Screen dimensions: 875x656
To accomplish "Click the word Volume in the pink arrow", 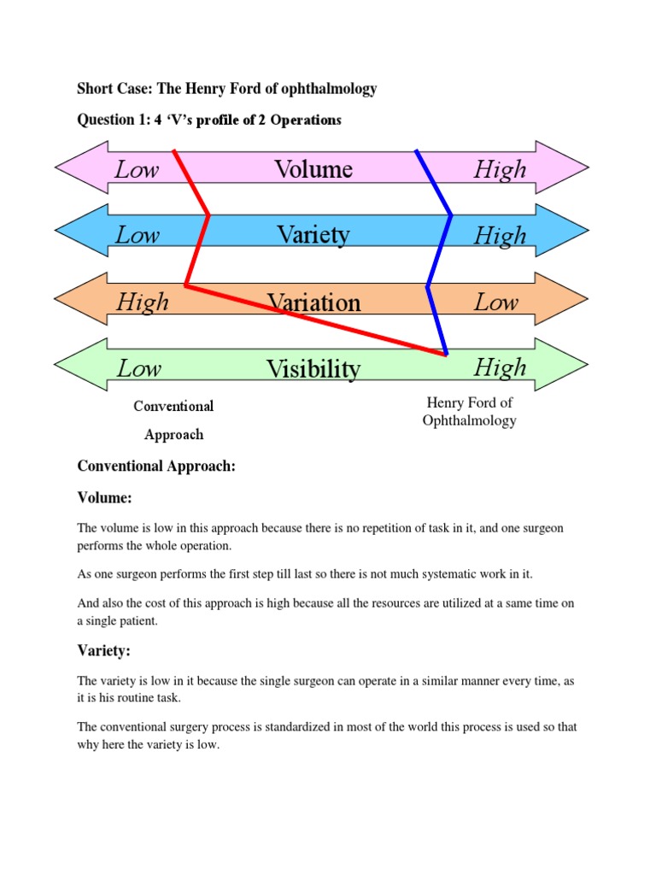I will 313,169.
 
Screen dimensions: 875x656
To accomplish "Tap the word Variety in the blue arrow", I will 313,234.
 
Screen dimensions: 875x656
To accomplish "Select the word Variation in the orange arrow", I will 313,302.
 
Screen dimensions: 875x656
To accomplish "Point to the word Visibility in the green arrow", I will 313,369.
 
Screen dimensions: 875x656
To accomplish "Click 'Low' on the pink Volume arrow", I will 137,169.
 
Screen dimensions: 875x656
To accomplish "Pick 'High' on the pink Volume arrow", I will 501,169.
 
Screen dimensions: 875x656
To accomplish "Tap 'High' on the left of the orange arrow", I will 143,302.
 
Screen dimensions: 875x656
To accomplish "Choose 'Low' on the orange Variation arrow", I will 496,302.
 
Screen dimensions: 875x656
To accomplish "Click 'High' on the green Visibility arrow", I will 501,368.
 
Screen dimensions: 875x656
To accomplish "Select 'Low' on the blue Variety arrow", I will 138,234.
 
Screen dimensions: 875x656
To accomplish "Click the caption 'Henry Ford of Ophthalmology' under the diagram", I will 469,411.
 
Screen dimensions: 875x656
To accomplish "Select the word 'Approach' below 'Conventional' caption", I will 173,434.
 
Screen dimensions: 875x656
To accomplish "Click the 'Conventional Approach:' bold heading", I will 156,467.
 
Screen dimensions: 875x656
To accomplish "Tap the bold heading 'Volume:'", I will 105,497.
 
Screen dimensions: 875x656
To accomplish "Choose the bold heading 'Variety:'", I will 103,651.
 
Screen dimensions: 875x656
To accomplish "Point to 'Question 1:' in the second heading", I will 114,120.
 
